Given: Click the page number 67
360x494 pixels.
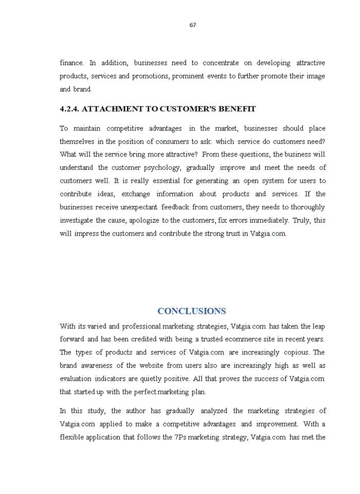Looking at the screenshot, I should pos(193,25).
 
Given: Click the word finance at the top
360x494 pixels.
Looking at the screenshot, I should pos(71,63).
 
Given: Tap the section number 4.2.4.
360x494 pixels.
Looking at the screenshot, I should pos(69,109).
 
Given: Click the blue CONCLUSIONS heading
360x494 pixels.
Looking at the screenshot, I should pos(191,311).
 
